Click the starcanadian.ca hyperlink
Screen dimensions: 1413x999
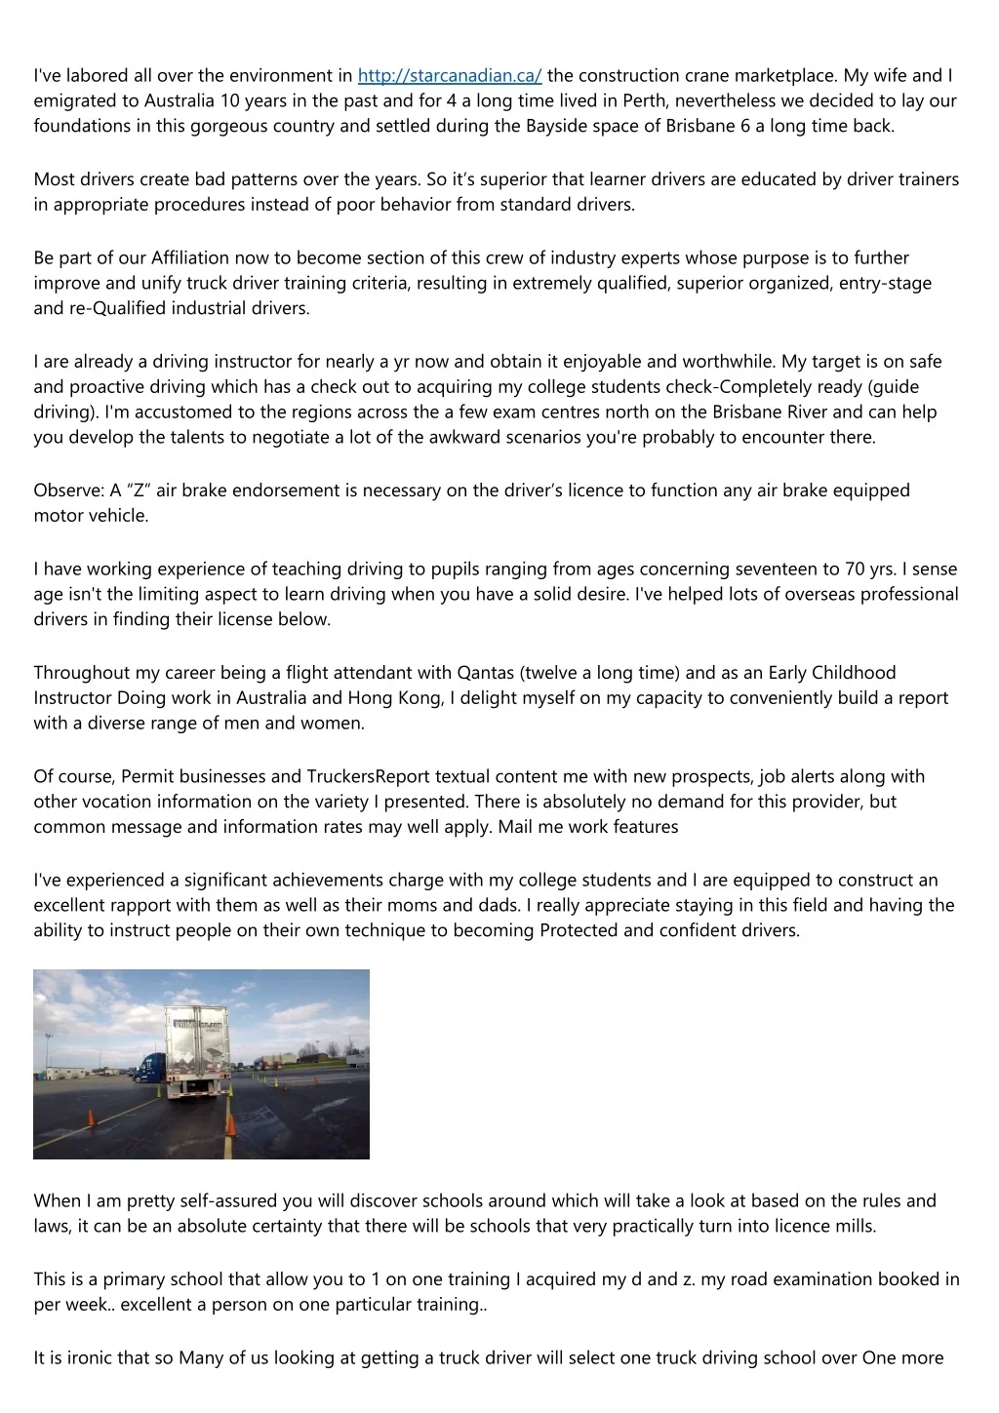point(450,76)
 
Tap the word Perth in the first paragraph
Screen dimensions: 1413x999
point(644,101)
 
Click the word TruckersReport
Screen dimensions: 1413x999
point(369,777)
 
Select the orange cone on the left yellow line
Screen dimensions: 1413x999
point(92,1118)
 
